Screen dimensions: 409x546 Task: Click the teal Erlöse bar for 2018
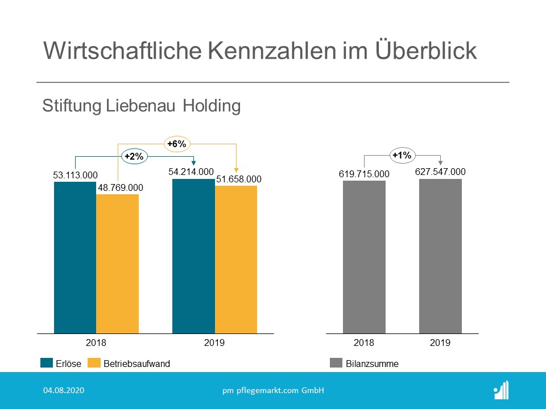(x=75, y=257)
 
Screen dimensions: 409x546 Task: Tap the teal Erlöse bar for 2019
(x=193, y=256)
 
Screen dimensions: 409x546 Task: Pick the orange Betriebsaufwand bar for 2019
(x=236, y=260)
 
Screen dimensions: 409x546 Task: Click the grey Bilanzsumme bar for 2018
(x=364, y=257)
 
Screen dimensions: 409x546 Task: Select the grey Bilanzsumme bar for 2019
(x=440, y=256)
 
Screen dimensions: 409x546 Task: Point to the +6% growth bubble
(x=176, y=144)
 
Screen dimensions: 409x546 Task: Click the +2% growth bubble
(x=134, y=156)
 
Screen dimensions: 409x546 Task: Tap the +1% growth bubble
(x=402, y=155)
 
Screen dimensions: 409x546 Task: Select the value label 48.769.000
(x=119, y=187)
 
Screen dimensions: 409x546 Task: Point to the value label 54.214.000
(x=191, y=172)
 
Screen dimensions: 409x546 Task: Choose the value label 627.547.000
(x=440, y=172)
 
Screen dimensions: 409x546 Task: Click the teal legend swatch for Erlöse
(x=47, y=364)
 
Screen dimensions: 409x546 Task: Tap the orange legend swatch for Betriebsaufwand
(x=94, y=364)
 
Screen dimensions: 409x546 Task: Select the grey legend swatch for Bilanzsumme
(x=336, y=364)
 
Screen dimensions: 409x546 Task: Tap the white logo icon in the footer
(x=501, y=390)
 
